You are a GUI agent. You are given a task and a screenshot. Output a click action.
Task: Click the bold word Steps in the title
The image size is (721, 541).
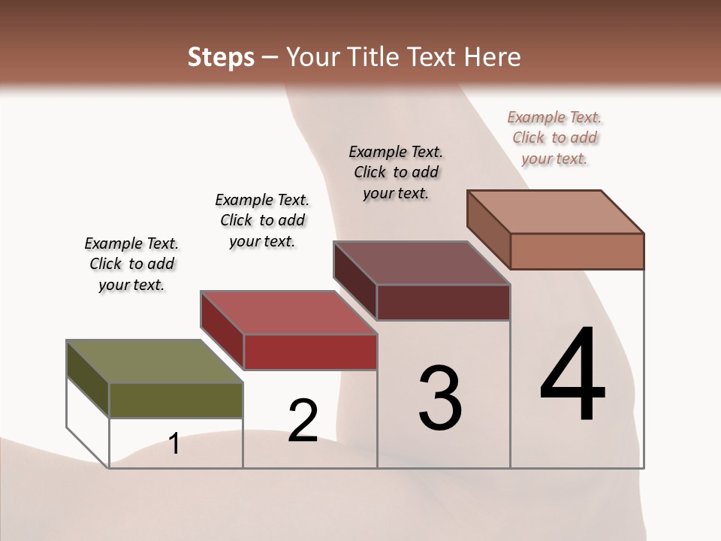tap(220, 57)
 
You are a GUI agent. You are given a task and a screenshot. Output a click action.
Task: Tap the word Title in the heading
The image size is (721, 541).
tap(372, 57)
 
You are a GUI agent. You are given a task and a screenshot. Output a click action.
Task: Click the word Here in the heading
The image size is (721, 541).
tap(492, 57)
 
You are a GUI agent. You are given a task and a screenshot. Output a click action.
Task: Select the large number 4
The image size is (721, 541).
tap(572, 375)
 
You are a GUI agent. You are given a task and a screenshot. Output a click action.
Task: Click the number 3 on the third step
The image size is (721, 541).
tap(440, 397)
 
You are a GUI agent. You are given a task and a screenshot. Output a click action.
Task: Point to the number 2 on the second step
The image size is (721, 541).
tap(303, 420)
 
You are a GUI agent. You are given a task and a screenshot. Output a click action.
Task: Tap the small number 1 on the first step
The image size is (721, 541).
tap(174, 443)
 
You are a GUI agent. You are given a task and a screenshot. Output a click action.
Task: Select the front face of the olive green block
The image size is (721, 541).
tap(176, 400)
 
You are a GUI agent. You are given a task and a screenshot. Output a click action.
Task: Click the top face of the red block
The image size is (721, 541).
tap(288, 312)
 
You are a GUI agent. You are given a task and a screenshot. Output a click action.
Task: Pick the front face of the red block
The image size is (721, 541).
tap(309, 352)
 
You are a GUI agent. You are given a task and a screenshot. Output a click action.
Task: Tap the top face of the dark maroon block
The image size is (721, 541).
tap(421, 262)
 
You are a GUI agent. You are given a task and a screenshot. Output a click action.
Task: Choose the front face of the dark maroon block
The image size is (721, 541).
tap(443, 302)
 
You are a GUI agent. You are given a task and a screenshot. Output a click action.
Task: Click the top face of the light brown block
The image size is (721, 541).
tap(555, 211)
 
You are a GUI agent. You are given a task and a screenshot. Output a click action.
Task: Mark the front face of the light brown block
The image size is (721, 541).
tap(577, 251)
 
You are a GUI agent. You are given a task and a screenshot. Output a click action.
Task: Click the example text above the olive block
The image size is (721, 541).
tap(131, 264)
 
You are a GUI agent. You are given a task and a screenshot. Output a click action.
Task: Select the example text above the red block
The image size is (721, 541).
tap(262, 220)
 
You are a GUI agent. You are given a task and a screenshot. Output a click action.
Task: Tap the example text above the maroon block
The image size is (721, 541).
tap(396, 172)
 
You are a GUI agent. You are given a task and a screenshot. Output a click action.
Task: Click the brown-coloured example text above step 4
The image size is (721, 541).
tap(554, 138)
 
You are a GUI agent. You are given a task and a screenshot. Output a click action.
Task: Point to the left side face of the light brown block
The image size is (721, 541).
tap(488, 228)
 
